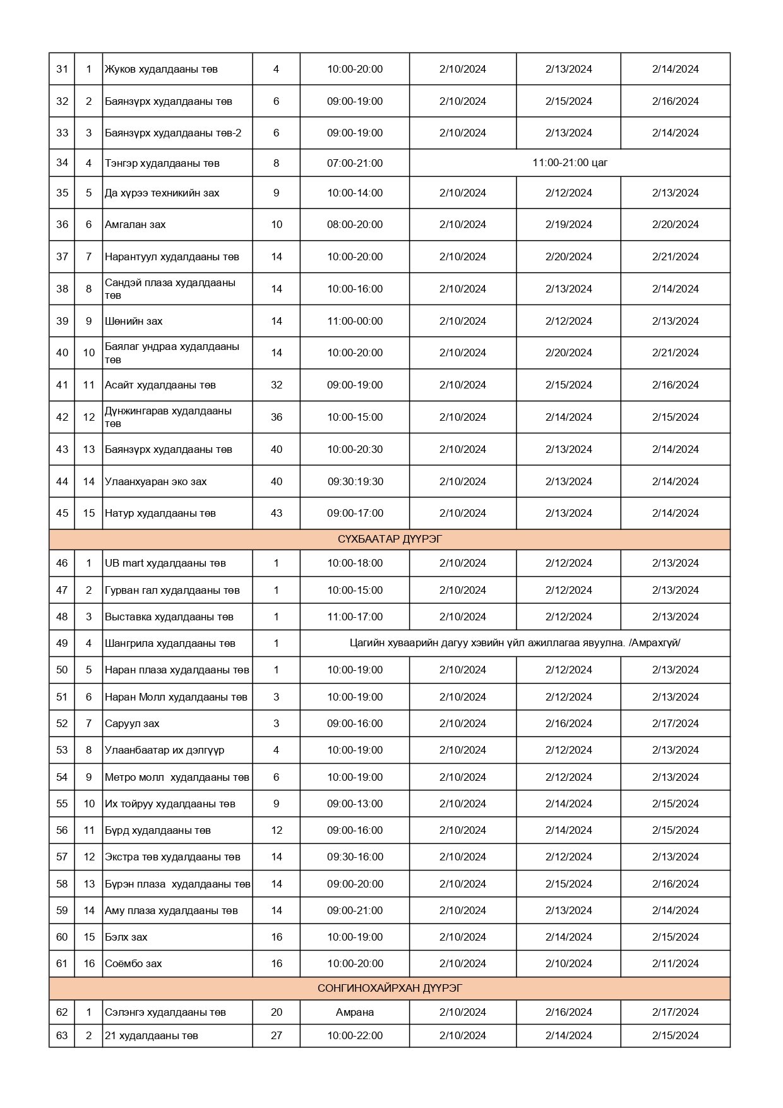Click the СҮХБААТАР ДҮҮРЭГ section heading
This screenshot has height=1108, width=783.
pos(390,539)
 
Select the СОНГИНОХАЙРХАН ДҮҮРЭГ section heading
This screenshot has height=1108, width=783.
pos(390,988)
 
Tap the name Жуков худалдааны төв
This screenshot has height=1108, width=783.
pos(161,69)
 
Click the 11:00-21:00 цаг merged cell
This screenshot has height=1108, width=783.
pos(570,162)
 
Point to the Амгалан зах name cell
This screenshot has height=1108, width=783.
pos(135,224)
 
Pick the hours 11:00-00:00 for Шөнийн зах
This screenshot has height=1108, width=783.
pos(354,321)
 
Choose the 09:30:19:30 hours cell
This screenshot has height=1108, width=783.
pos(354,481)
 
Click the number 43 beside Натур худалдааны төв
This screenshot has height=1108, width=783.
pos(276,513)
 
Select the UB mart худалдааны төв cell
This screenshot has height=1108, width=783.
pos(165,563)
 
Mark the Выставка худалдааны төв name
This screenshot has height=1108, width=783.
pos(169,617)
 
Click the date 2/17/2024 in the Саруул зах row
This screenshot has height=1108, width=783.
pos(675,723)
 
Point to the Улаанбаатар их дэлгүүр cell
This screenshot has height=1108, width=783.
pos(164,750)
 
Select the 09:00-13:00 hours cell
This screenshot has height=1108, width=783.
pos(354,804)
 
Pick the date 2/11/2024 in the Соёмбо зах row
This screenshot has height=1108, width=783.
pos(675,963)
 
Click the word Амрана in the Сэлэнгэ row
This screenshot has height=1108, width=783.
pos(354,1012)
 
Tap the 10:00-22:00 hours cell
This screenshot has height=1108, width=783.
pos(354,1035)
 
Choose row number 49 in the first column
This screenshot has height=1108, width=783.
pos(62,643)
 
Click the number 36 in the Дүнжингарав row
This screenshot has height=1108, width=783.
pos(276,417)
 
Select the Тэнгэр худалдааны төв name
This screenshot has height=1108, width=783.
pos(162,163)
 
